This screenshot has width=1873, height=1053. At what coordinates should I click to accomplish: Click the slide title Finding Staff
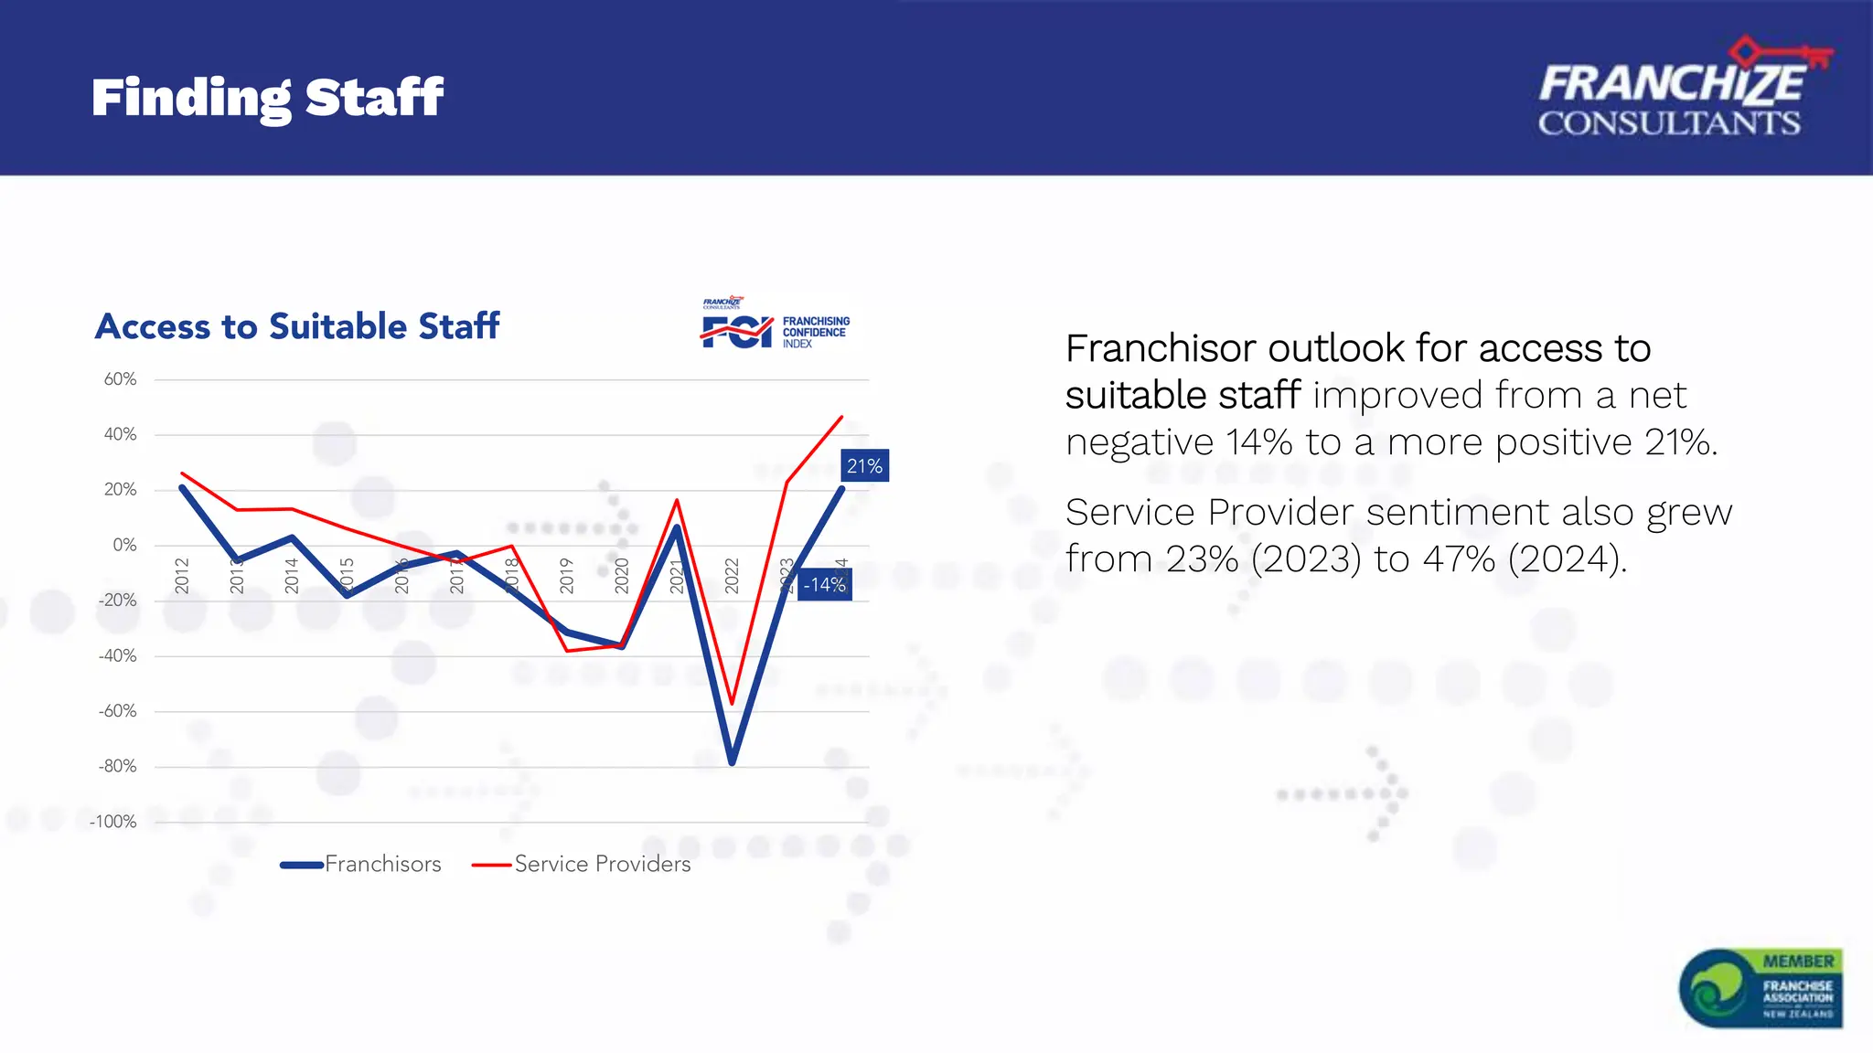tap(267, 98)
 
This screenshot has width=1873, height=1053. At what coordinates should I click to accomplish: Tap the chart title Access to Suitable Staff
tap(297, 326)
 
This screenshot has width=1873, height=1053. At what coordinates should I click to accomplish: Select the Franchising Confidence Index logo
tap(776, 324)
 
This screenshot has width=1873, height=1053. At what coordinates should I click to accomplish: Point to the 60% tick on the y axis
tap(120, 379)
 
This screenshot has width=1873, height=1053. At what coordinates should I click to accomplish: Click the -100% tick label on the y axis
tap(113, 822)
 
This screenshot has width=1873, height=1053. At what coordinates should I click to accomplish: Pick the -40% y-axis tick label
tap(117, 655)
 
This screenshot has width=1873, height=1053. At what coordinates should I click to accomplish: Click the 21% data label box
tap(864, 466)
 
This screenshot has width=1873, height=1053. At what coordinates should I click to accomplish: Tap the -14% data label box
tap(825, 585)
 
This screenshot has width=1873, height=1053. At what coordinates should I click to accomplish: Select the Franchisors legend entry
tap(361, 864)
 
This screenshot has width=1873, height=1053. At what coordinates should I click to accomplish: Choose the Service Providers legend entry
tap(582, 864)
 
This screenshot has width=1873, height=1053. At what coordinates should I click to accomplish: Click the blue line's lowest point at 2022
tap(732, 761)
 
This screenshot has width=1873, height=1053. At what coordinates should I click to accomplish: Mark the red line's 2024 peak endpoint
tap(841, 417)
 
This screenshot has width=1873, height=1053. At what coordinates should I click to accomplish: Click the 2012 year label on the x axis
tap(182, 576)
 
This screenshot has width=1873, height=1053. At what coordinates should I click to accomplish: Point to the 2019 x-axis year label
tap(566, 576)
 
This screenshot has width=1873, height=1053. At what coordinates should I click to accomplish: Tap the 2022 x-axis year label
tap(732, 576)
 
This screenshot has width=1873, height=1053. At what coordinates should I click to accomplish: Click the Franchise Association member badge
tap(1761, 988)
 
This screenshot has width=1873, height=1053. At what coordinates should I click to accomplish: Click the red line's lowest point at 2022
tap(732, 703)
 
